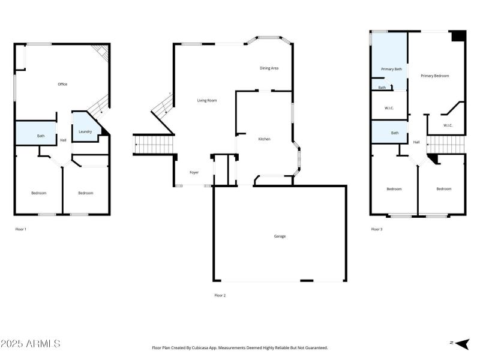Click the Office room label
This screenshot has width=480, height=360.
click(62, 84)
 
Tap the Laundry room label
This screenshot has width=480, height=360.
click(85, 131)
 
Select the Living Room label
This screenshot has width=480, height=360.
click(207, 100)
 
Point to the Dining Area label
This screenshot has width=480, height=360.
click(269, 68)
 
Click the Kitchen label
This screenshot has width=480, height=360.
click(264, 139)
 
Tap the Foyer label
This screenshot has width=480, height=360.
click(194, 172)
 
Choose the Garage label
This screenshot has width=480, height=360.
click(280, 236)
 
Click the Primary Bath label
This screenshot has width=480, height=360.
click(391, 69)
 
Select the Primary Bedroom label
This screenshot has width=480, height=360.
click(434, 76)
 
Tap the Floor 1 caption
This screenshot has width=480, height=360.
click(21, 229)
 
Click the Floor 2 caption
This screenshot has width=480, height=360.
click(220, 295)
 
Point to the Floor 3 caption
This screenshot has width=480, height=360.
click(377, 229)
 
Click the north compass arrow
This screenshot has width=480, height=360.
click(461, 343)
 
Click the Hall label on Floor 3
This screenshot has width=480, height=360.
click(416, 142)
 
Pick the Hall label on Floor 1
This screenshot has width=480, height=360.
click(63, 140)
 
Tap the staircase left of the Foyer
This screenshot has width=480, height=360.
click(154, 145)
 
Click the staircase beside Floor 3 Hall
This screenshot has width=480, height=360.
click(445, 144)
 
